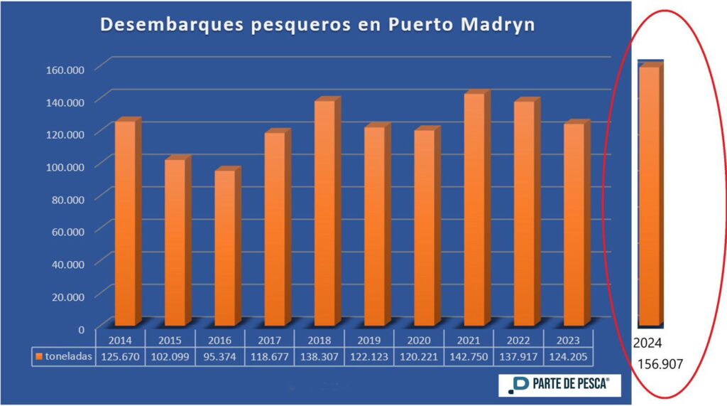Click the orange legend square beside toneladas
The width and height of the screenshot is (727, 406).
pyautogui.click(x=40, y=357)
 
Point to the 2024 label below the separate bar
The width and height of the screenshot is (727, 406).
pyautogui.click(x=647, y=342)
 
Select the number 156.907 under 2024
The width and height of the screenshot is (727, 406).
pyautogui.click(x=662, y=365)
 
